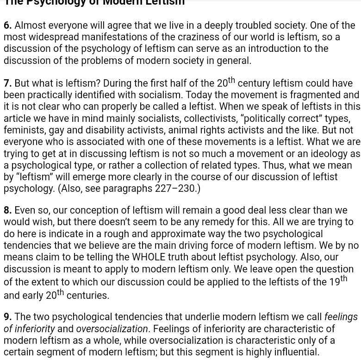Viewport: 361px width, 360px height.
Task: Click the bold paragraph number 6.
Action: point(7,25)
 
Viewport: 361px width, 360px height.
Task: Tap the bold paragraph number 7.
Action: point(7,83)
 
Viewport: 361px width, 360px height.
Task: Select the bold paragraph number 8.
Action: point(7,210)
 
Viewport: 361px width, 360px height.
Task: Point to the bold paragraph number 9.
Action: point(7,317)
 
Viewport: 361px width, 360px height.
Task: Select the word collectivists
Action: point(210,119)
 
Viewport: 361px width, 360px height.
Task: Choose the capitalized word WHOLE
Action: point(148,257)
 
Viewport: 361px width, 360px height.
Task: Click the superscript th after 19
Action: point(343,279)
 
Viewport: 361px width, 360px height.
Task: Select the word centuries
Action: point(87,296)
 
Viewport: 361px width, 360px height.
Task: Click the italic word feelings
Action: point(341,317)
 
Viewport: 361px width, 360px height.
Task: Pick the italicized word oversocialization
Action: point(112,329)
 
